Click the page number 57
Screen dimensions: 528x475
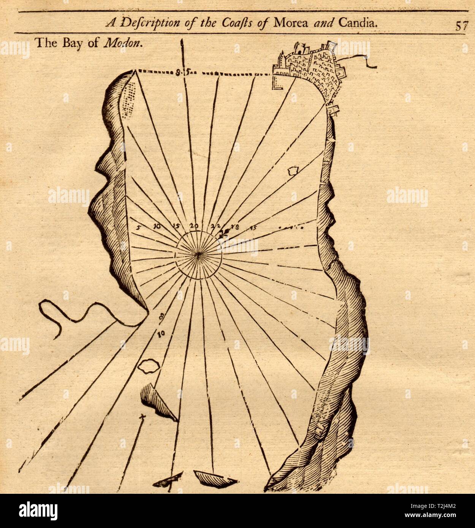462,25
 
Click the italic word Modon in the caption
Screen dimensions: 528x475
123,43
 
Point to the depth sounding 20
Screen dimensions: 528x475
194,226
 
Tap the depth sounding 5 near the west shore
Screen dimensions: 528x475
138,228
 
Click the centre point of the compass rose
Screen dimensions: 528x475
198,256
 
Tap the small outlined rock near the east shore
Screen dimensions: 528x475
293,172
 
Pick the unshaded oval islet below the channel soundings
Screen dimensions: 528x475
148,366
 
